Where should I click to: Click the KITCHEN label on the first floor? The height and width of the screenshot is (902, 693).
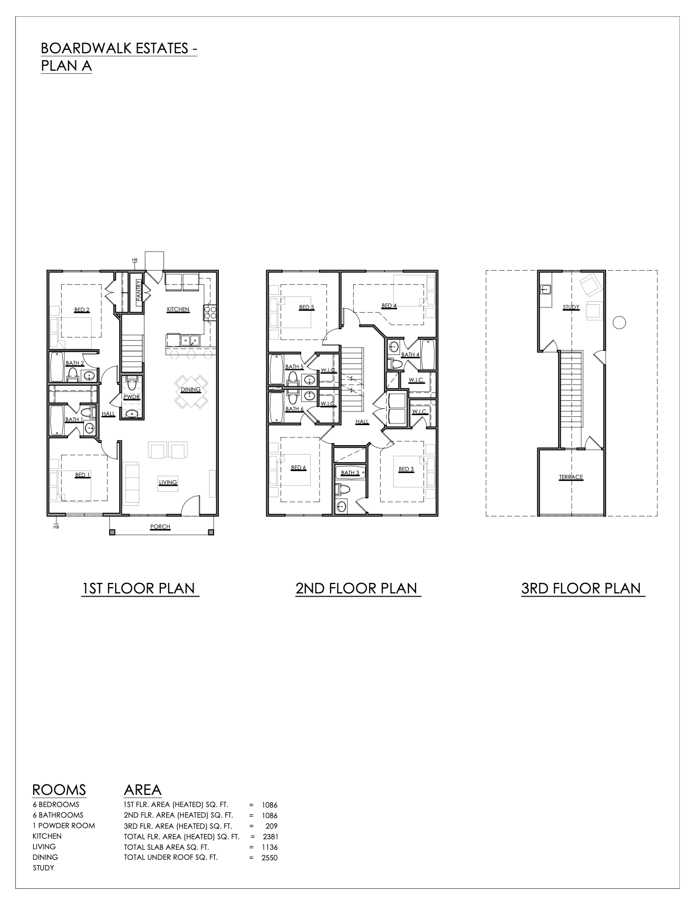[x=178, y=309]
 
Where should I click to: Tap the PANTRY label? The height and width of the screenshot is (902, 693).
[x=138, y=291]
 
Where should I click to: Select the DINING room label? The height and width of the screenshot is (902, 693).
[x=190, y=390]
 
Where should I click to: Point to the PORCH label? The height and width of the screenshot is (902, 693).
[x=160, y=526]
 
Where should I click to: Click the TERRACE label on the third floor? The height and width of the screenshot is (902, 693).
[x=571, y=477]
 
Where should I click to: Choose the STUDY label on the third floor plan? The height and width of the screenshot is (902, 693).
[x=571, y=307]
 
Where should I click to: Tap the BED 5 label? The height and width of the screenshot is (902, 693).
[x=306, y=307]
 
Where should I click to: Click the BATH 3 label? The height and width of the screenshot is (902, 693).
[x=350, y=473]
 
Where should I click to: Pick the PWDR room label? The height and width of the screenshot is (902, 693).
[x=131, y=397]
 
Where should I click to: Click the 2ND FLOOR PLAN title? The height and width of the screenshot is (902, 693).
[x=357, y=589]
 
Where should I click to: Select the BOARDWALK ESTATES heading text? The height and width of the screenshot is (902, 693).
[x=119, y=49]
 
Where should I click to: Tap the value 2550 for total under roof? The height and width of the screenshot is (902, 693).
[x=269, y=858]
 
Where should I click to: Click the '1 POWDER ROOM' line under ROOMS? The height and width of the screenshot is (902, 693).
[x=64, y=826]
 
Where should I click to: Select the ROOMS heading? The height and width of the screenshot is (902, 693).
[x=59, y=790]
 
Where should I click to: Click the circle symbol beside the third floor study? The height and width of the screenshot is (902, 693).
[x=620, y=322]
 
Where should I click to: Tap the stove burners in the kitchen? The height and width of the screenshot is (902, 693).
[x=210, y=313]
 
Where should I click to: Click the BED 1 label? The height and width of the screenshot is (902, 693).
[x=82, y=475]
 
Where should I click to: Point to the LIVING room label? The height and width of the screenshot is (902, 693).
[x=168, y=482]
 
